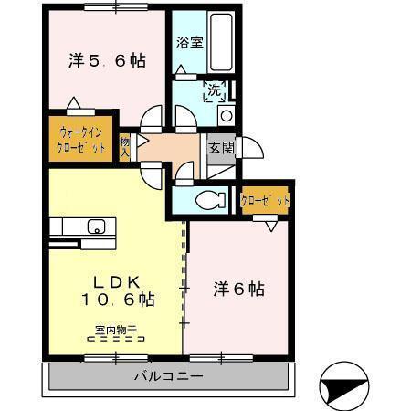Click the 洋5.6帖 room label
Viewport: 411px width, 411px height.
(x=107, y=61)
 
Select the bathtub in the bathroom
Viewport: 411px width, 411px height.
(x=222, y=45)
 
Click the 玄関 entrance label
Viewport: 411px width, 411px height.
(x=220, y=147)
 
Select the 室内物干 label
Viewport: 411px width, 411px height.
(x=114, y=330)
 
